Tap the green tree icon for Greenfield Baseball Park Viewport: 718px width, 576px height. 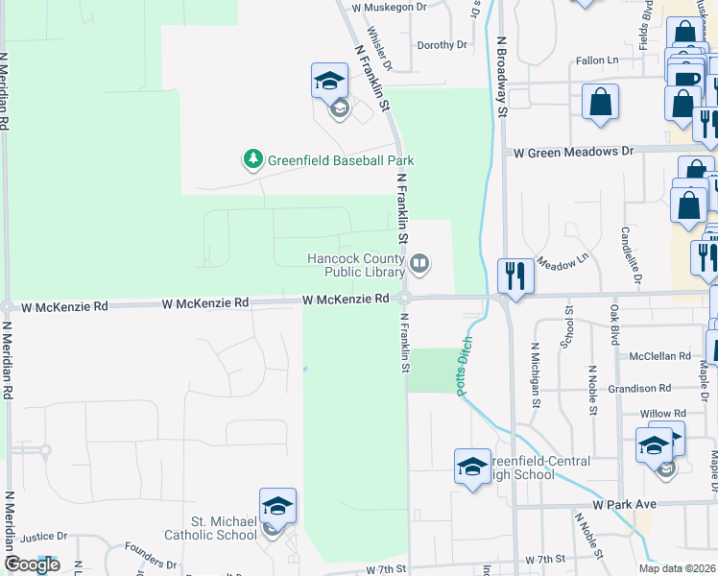tap(253, 158)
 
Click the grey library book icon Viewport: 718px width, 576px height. tap(419, 263)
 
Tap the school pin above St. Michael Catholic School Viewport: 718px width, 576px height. tap(277, 506)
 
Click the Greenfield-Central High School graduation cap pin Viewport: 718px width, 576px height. tap(472, 468)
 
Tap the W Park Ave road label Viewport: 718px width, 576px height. tap(624, 504)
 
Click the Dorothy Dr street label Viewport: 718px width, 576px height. tap(442, 44)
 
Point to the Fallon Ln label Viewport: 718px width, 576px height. tap(597, 60)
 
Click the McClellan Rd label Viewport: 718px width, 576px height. tap(659, 355)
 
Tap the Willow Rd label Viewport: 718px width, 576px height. tap(662, 414)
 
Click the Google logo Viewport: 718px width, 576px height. tap(32, 564)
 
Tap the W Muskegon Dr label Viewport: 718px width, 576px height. tap(389, 7)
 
